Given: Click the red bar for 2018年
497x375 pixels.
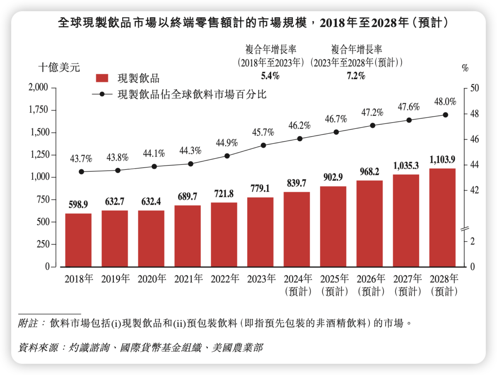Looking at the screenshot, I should pos(78,240).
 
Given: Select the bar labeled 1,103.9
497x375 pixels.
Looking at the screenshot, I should pos(442,218).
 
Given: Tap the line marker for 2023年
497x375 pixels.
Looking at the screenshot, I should pos(263,145).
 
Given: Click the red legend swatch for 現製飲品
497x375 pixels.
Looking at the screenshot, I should pos(102,78).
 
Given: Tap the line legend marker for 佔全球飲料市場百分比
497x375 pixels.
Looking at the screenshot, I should pos(101,94).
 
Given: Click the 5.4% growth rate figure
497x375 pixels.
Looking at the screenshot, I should pos(270,76).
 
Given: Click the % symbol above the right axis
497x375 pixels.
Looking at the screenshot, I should pos(465,68).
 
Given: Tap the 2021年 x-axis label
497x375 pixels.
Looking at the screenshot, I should pos(188,279).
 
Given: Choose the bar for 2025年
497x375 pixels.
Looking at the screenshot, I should pos(333,226).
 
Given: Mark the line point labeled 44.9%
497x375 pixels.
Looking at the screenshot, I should pos(227,156).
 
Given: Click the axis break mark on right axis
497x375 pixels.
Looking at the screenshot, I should pos(465,228).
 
